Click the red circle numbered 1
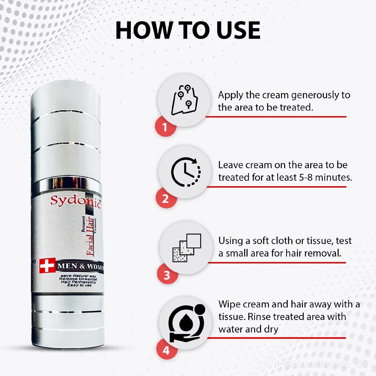click(165, 127)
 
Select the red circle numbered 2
click(166, 199)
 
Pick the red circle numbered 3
click(167, 275)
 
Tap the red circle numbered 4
click(167, 350)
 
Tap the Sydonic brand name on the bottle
click(75, 201)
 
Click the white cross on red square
click(47, 266)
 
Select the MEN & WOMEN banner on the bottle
click(80, 266)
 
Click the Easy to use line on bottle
click(79, 285)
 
